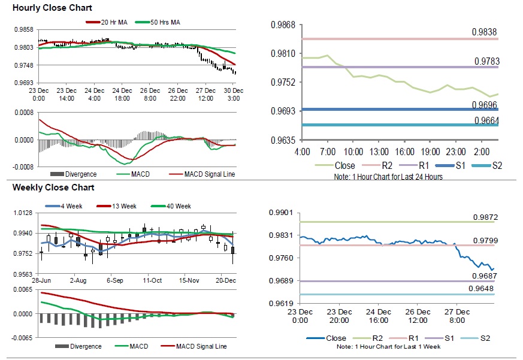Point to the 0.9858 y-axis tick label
click(23, 29)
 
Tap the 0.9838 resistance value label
click(486, 32)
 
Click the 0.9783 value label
click(486, 61)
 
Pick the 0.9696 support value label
click(486, 105)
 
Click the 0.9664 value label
click(486, 120)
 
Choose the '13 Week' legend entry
click(123, 206)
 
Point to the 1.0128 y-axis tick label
click(23, 213)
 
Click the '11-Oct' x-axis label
click(152, 280)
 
